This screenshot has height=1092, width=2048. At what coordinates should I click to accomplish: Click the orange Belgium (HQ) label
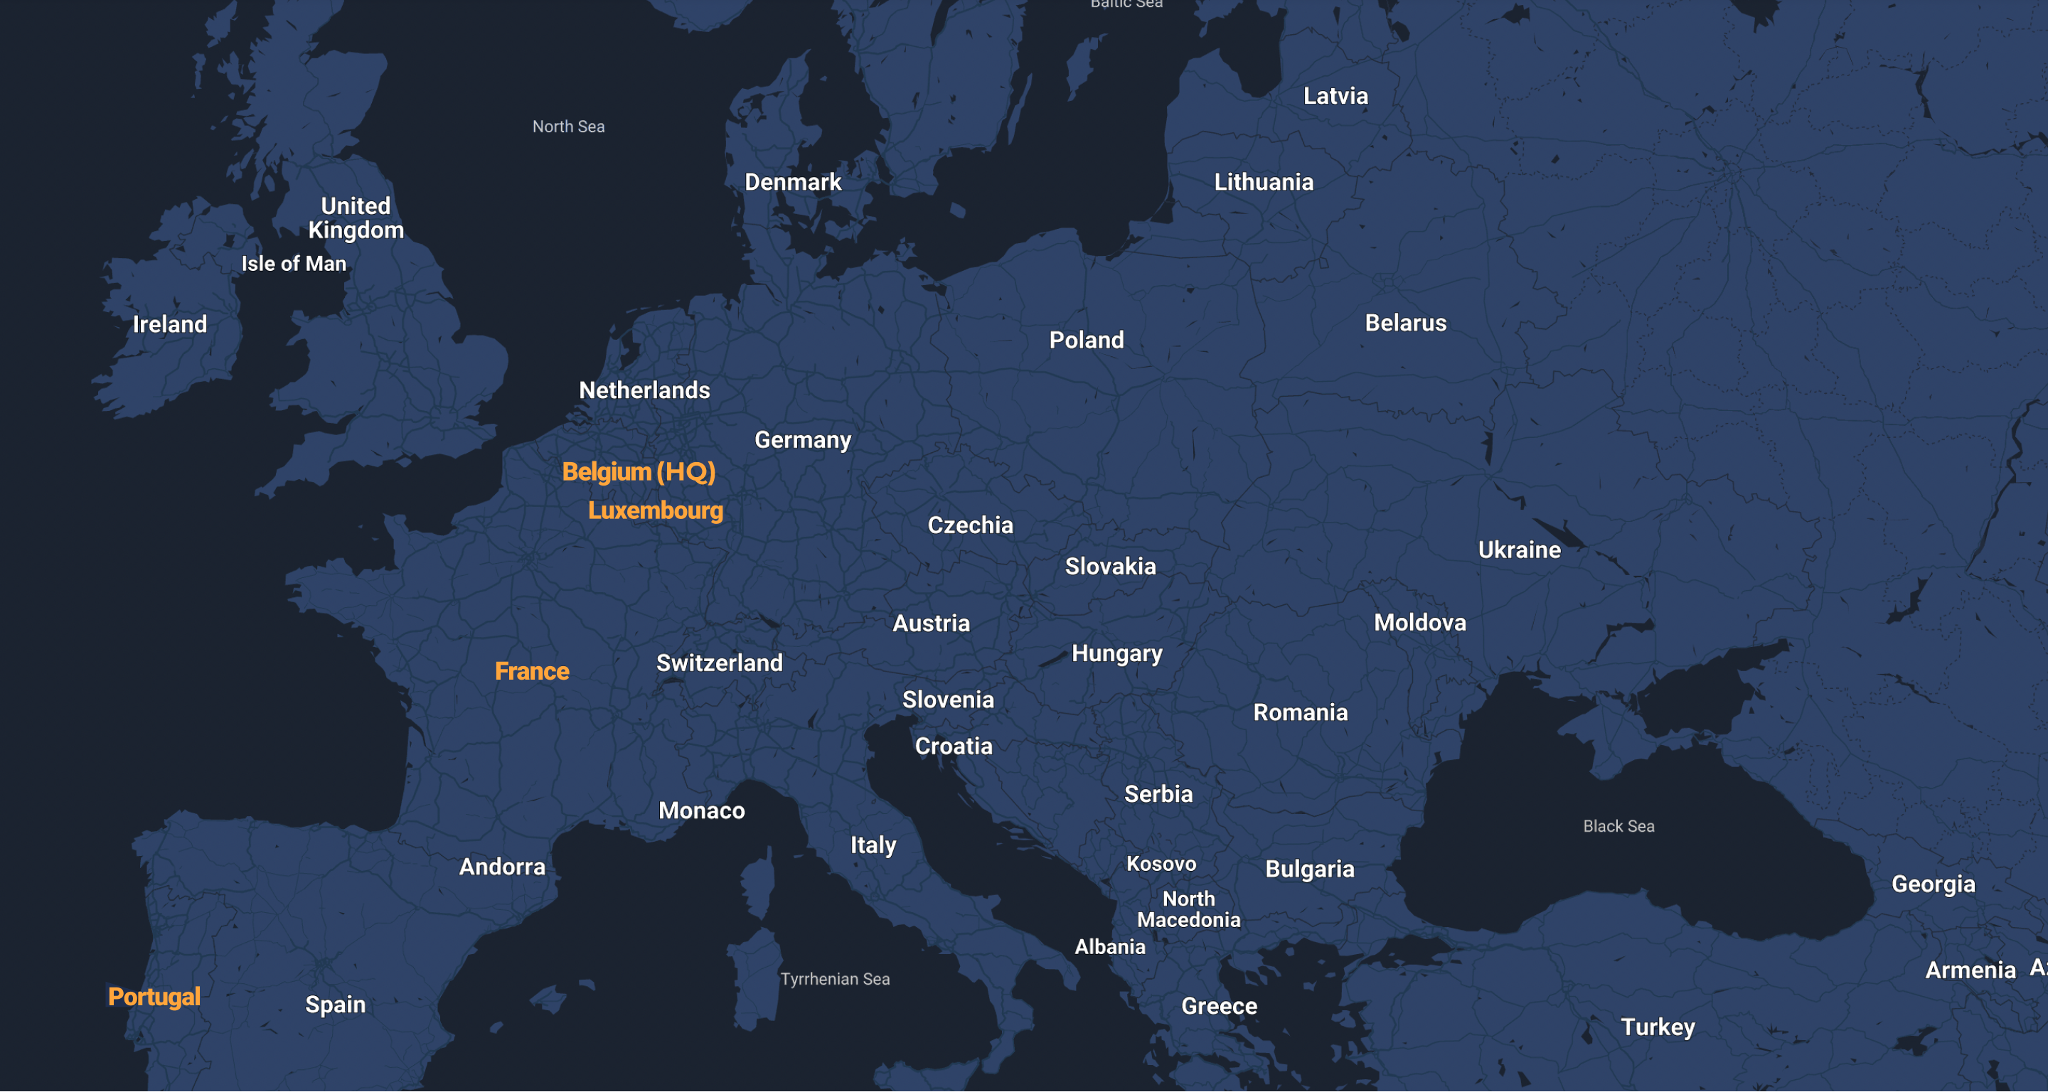pos(639,472)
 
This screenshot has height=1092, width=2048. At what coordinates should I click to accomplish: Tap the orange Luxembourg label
pos(655,510)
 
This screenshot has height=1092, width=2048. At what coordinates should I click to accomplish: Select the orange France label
pos(532,672)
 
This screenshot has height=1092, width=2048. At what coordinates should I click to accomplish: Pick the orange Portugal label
pos(154,997)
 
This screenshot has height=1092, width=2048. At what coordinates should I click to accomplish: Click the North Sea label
pos(568,127)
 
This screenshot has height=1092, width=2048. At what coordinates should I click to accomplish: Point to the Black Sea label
pos(1618,827)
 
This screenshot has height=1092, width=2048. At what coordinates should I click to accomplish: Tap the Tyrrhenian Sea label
pos(835,979)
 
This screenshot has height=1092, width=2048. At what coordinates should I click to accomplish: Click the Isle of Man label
pos(294,264)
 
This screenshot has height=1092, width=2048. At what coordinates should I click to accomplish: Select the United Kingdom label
pos(356,218)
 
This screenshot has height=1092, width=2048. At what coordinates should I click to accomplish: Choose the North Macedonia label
pos(1188,909)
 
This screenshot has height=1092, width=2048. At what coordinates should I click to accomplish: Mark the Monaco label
pos(701,810)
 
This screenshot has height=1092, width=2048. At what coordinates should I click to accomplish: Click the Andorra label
pos(503,867)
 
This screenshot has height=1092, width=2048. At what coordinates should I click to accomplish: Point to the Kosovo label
pos(1161,864)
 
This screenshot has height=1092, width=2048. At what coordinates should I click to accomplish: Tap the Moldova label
pos(1420,622)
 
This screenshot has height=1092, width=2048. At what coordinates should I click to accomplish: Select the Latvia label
pos(1335,96)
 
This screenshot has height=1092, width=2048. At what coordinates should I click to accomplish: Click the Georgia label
pos(1933,884)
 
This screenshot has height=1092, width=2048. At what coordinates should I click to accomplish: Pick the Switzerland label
pos(719,663)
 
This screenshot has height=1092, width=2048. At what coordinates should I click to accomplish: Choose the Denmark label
pos(793,182)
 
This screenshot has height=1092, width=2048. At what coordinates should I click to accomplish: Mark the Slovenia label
pos(948,700)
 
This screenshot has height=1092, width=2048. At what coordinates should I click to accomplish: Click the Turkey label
pos(1658,1027)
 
